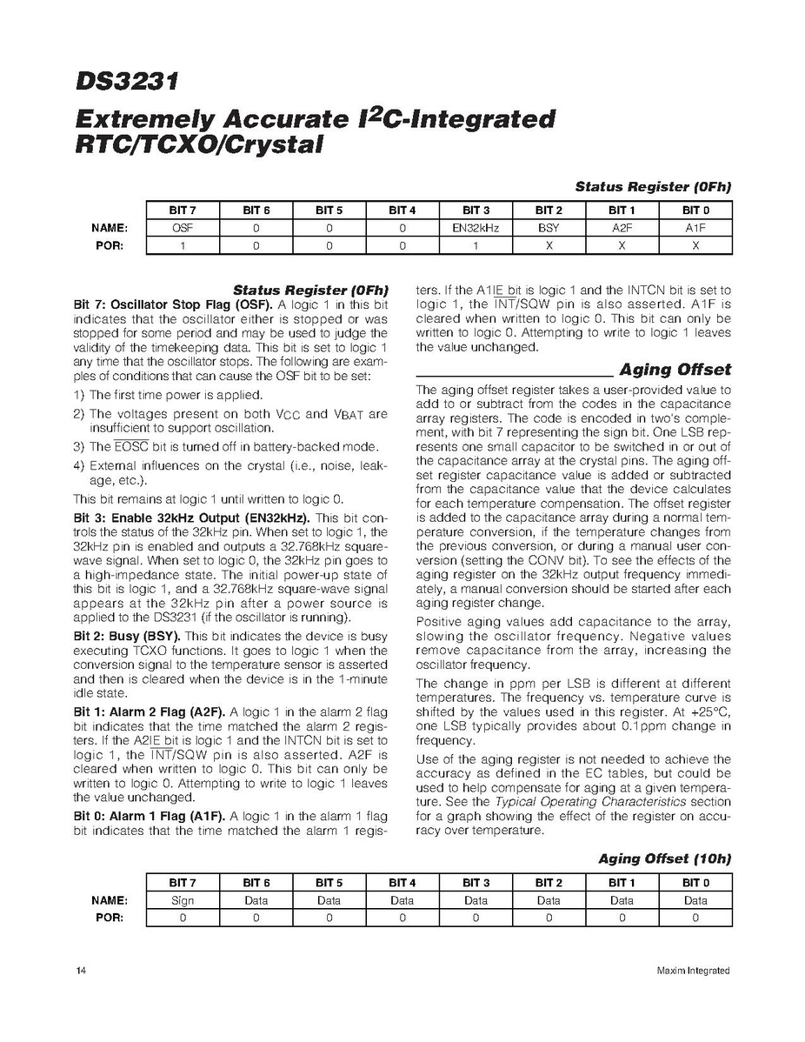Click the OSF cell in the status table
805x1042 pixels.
coord(182,228)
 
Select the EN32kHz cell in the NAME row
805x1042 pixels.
coord(476,228)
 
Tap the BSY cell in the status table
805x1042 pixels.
coord(549,228)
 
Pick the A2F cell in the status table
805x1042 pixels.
coord(622,228)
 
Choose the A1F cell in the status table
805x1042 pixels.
coord(695,228)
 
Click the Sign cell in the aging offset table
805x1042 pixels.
coord(182,900)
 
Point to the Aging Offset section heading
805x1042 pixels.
coord(675,370)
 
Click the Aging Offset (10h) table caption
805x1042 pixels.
coord(665,858)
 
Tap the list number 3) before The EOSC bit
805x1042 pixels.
coord(78,447)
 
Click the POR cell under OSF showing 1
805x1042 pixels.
coord(182,245)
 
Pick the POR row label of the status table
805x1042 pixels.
coord(113,245)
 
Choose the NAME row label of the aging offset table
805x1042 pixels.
coord(110,900)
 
